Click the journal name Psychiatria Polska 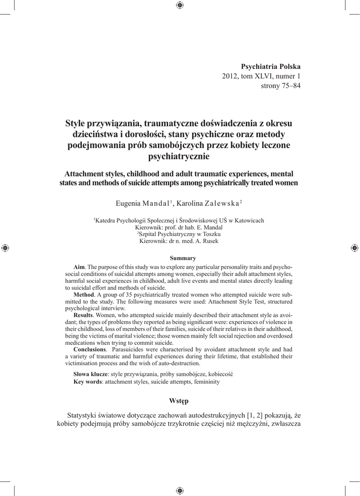tap(271, 66)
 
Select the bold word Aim tap(79, 267)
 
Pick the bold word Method tap(84, 294)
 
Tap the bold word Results tap(84, 315)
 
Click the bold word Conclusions tap(90, 349)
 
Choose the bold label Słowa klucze tap(90, 374)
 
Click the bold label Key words tap(88, 382)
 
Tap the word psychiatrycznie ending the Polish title tap(179, 156)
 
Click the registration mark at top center tap(180, 5)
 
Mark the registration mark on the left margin tap(5, 248)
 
